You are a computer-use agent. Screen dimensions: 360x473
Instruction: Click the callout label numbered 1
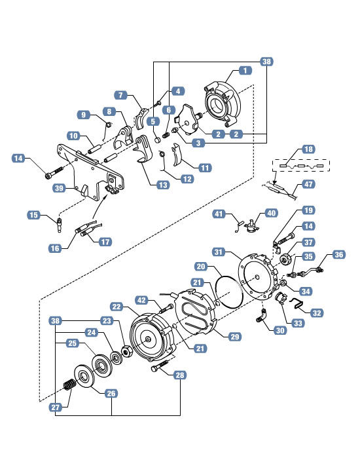pyautogui.click(x=245, y=71)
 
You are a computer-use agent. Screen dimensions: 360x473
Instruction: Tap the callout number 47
pyautogui.click(x=308, y=184)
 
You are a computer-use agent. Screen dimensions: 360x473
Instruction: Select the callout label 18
pyautogui.click(x=308, y=149)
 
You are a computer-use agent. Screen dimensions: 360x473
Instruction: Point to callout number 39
pyautogui.click(x=59, y=188)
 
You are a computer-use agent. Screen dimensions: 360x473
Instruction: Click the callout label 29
pyautogui.click(x=235, y=337)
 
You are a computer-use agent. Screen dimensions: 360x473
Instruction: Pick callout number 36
pyautogui.click(x=339, y=255)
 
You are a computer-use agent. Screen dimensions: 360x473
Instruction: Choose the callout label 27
pyautogui.click(x=56, y=407)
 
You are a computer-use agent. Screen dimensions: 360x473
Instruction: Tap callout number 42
pyautogui.click(x=141, y=300)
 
